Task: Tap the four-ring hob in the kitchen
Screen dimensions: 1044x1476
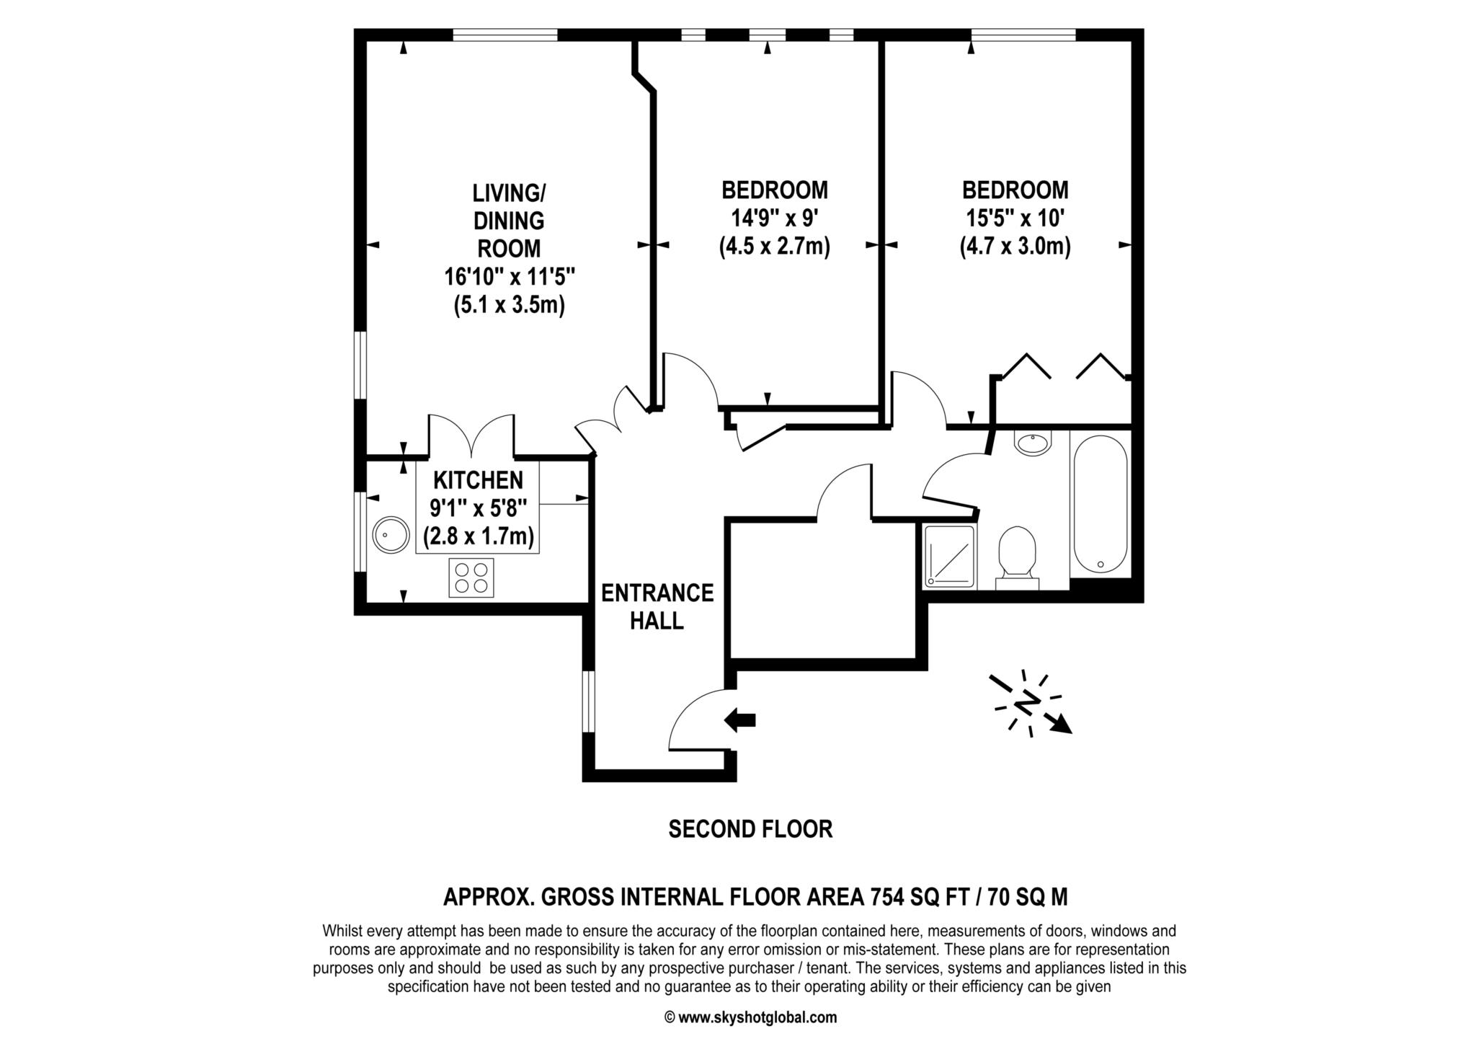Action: (471, 578)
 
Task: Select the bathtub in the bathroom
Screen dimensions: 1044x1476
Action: (1100, 504)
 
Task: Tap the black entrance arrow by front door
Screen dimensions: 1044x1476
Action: (740, 720)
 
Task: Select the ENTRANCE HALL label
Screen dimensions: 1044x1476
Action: (657, 606)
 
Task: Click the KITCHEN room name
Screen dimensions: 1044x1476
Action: (478, 479)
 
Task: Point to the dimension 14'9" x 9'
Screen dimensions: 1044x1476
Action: (774, 218)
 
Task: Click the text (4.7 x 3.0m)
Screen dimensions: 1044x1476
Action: (1015, 247)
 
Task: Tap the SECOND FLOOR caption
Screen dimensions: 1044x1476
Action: (750, 829)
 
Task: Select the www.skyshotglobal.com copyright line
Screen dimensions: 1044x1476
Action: (750, 1018)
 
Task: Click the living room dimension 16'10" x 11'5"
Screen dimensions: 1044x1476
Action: (509, 277)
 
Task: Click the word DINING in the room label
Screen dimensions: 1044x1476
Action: (509, 221)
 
